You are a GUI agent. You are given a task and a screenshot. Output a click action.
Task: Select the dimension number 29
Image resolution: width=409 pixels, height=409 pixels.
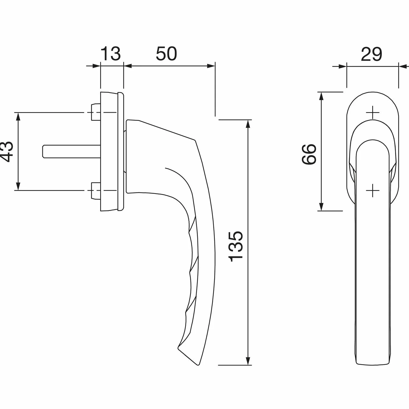[371, 54]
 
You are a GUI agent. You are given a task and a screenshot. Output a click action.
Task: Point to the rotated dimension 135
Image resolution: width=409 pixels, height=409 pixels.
[236, 246]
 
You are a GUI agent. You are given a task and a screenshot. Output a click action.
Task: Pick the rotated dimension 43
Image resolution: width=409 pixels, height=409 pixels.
[6, 152]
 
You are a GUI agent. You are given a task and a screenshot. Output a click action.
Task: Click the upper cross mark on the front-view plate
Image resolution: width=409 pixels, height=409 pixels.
[373, 112]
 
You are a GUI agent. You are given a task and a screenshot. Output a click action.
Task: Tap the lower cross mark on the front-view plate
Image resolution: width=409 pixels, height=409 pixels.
[373, 190]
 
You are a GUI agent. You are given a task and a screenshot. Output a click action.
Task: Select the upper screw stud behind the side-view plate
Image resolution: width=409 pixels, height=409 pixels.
[96, 112]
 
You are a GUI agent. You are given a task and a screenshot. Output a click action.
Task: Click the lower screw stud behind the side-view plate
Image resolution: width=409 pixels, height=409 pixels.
[96, 191]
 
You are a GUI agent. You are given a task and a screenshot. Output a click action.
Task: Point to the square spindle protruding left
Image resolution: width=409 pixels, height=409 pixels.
[72, 152]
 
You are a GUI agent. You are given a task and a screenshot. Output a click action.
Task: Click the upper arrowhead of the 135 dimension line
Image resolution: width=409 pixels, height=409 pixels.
[247, 124]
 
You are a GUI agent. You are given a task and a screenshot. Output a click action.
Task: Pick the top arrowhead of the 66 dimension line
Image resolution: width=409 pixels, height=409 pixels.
[321, 96]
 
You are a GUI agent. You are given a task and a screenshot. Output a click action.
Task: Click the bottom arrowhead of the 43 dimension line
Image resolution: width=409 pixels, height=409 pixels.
[18, 186]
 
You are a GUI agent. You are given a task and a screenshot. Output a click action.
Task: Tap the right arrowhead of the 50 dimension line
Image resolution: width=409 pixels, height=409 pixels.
[211, 66]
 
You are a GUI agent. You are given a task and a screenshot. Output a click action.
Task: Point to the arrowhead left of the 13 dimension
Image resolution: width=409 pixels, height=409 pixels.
[96, 66]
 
